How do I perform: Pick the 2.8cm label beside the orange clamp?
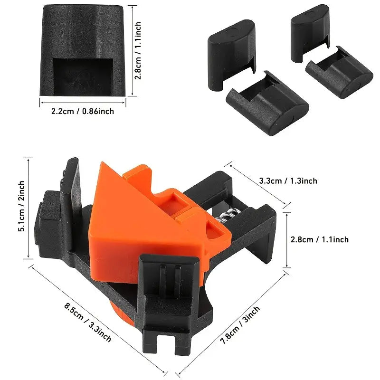[319, 239]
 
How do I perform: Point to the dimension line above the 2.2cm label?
[82, 101]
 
